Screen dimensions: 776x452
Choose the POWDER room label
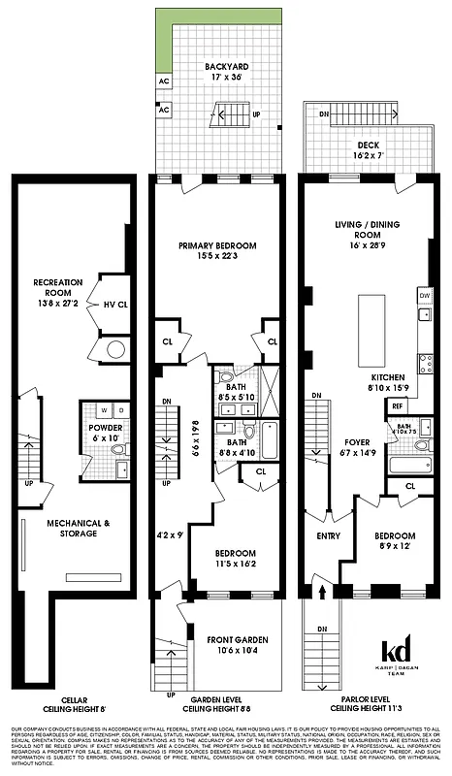105,427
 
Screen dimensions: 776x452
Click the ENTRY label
327,535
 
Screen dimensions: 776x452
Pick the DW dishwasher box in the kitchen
424,294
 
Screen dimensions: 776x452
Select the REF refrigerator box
398,405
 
